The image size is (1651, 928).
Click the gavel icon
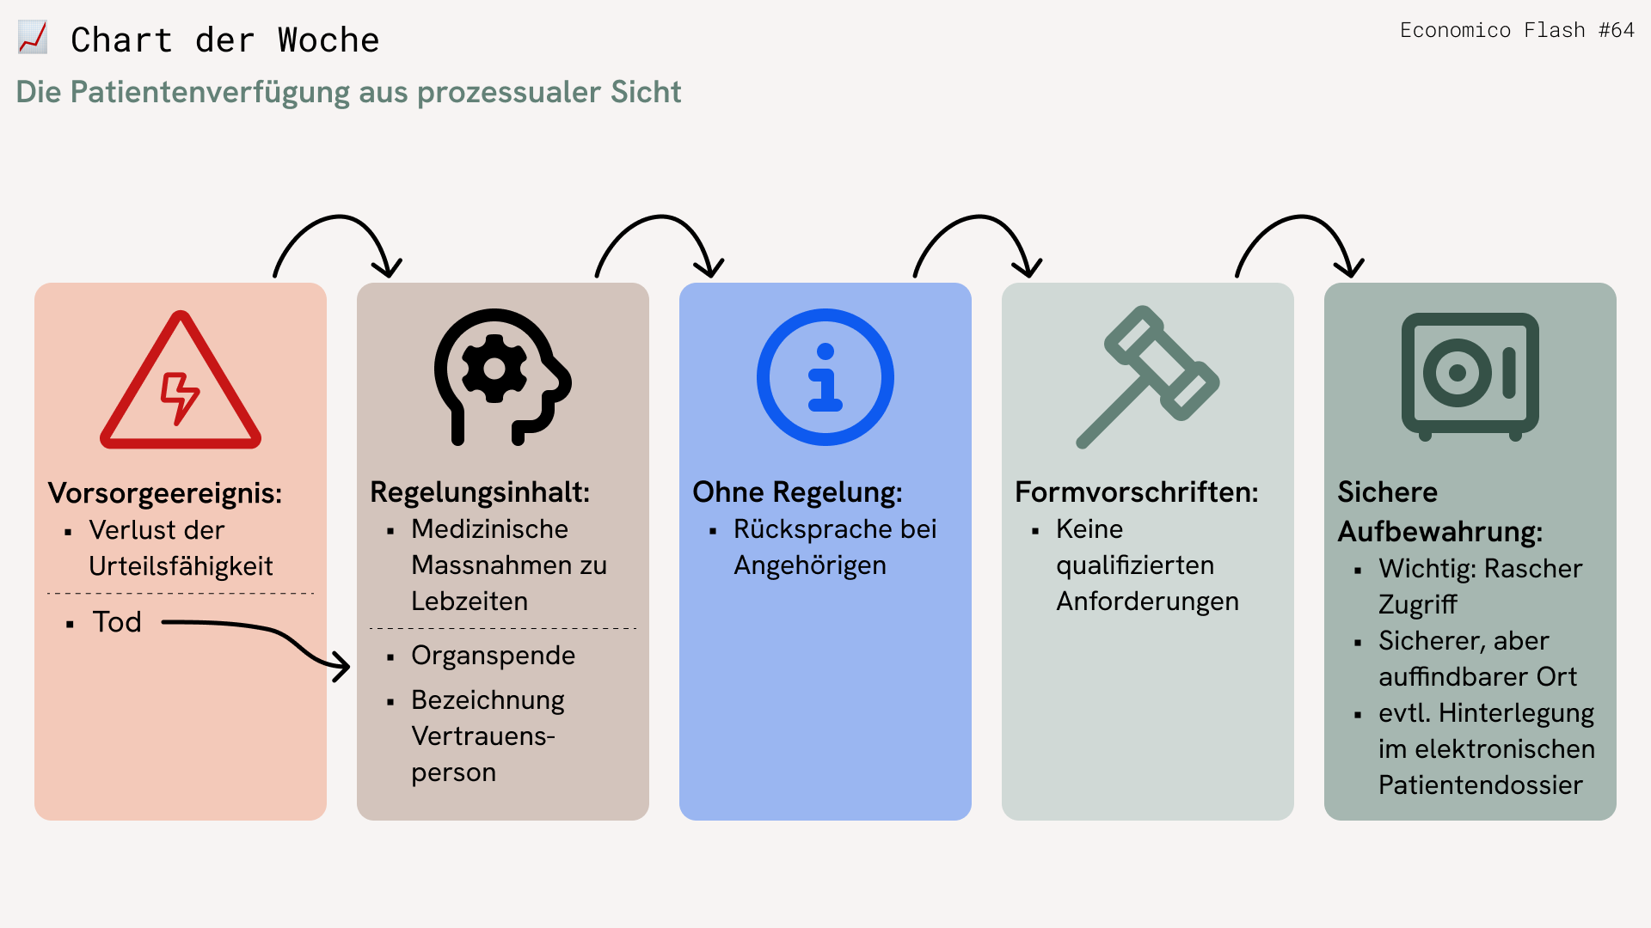(1148, 376)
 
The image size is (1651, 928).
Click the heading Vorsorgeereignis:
(165, 493)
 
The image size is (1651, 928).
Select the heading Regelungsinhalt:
(480, 492)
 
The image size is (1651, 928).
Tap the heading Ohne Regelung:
(798, 492)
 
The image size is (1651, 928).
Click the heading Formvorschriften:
(1137, 492)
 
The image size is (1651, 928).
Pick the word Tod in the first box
(117, 622)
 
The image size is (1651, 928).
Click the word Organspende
(494, 656)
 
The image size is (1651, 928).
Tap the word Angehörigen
(810, 565)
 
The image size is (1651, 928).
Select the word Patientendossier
(1481, 785)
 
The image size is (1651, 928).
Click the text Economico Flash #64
(1517, 30)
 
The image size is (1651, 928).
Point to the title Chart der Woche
(225, 40)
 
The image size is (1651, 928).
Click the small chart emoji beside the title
(33, 38)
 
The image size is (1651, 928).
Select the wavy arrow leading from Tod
(276, 633)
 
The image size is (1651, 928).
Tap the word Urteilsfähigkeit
(181, 566)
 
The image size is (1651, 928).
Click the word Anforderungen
(1148, 601)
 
